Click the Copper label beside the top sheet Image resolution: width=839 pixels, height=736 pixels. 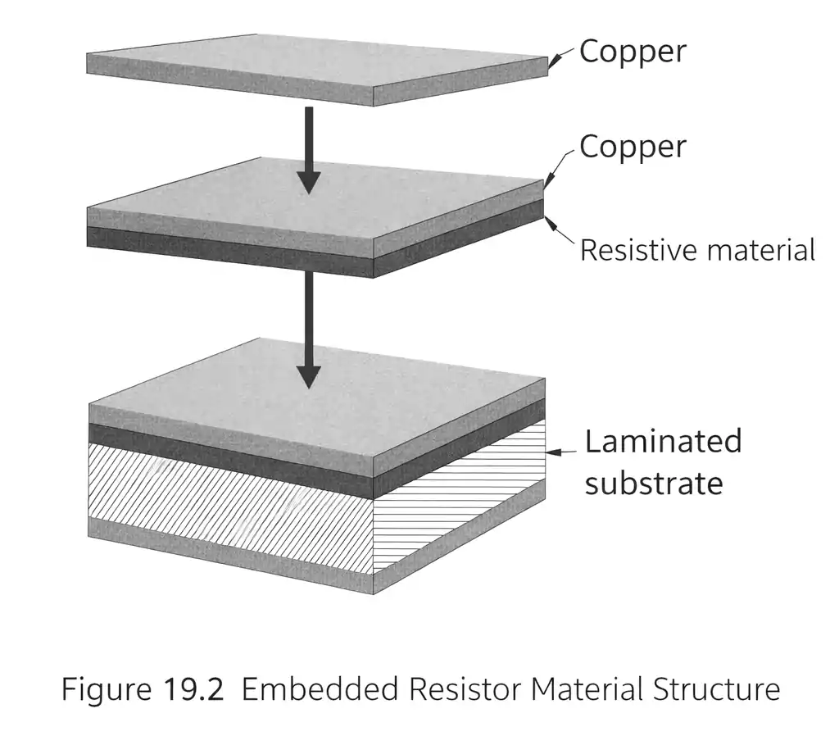pyautogui.click(x=632, y=51)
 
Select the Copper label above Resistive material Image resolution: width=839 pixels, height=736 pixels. pyautogui.click(x=632, y=147)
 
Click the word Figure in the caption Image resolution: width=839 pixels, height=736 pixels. pyautogui.click(x=102, y=689)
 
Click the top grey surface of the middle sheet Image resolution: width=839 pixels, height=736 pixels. pyautogui.click(x=315, y=197)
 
